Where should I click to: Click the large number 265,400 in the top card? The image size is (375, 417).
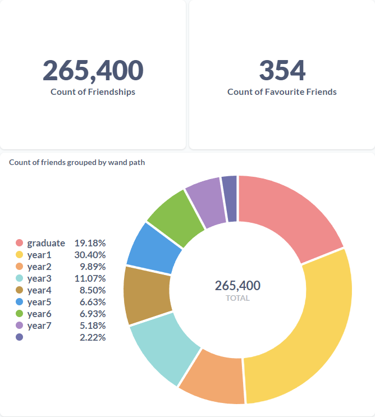(93, 71)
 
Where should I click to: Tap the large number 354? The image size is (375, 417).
(282, 71)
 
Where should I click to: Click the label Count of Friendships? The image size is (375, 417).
(93, 92)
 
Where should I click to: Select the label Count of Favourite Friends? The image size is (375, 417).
(282, 92)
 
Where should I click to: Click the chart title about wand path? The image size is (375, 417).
(77, 163)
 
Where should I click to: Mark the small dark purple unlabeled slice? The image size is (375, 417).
(230, 198)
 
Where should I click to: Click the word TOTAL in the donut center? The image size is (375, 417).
(237, 298)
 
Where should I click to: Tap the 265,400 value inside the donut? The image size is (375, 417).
(237, 286)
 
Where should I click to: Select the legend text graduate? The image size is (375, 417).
(46, 243)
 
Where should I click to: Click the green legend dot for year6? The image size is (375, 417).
(20, 314)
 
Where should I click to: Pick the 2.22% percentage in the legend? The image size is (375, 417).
(93, 337)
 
